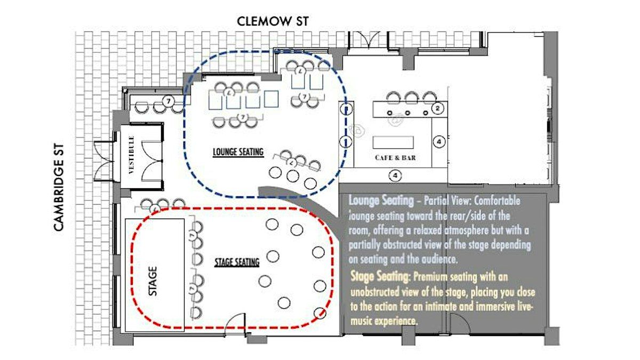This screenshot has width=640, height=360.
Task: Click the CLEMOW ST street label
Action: tap(273, 21)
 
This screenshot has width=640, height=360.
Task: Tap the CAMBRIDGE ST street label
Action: tap(58, 187)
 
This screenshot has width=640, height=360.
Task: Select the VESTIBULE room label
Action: tap(131, 155)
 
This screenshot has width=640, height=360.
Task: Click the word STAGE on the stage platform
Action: tap(153, 281)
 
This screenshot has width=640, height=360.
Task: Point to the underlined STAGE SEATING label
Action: tap(237, 262)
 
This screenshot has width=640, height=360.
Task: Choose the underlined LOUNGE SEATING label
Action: tap(238, 151)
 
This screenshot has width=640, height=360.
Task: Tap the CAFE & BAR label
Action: tap(395, 158)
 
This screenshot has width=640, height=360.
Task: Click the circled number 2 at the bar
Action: tap(437, 108)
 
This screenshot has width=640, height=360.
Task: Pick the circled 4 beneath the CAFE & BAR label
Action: tap(395, 175)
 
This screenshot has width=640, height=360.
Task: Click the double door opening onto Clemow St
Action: tap(369, 39)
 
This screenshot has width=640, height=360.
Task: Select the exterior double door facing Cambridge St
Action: tap(103, 161)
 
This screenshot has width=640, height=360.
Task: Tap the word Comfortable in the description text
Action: tap(497, 201)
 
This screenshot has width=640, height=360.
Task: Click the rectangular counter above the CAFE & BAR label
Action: tap(393, 142)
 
